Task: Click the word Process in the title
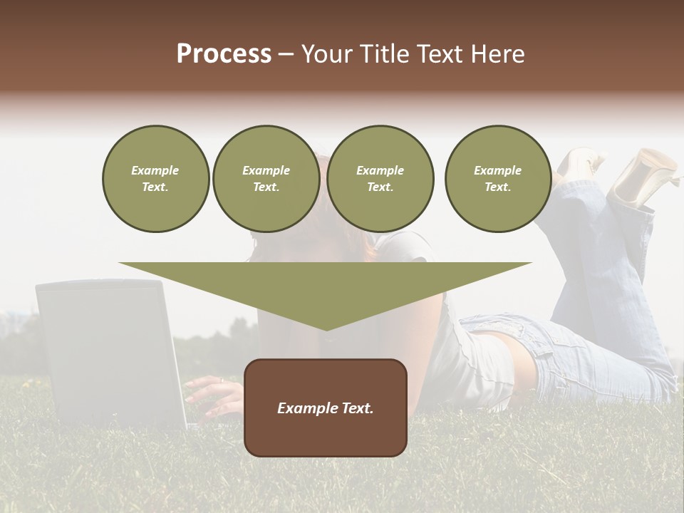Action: click(x=224, y=54)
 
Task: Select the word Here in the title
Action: click(x=498, y=54)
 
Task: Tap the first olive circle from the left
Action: click(x=155, y=179)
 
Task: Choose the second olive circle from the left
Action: click(x=266, y=179)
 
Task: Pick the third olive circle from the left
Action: click(x=380, y=179)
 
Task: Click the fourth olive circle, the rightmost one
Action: click(x=497, y=179)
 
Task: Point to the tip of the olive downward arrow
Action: click(x=326, y=329)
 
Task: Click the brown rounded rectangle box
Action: click(x=326, y=435)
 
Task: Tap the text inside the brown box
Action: click(x=326, y=408)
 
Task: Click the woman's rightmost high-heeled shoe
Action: click(x=643, y=175)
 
